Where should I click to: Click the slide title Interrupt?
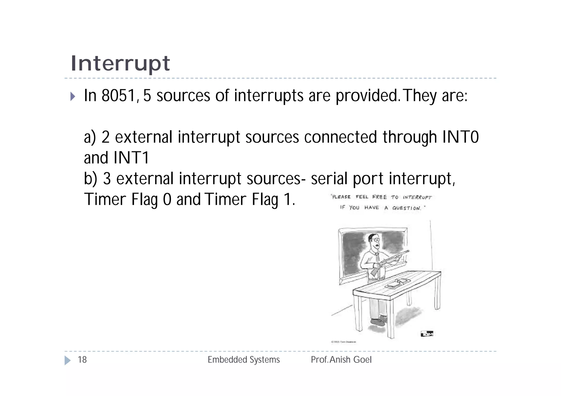pyautogui.click(x=121, y=63)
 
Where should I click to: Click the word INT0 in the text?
pyautogui.click(x=460, y=137)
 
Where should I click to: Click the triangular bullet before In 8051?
pyautogui.click(x=73, y=96)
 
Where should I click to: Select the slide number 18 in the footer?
pyautogui.click(x=82, y=360)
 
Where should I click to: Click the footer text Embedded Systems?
pyautogui.click(x=244, y=360)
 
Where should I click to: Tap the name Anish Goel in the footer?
pyautogui.click(x=351, y=360)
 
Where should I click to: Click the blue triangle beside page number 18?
pyautogui.click(x=67, y=360)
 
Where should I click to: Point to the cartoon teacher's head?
pyautogui.click(x=374, y=241)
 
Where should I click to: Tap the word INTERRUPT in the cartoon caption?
pyautogui.click(x=417, y=197)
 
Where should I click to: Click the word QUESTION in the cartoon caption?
pyautogui.click(x=407, y=208)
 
